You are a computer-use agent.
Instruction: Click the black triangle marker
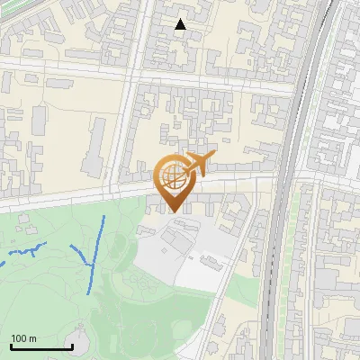click(181, 24)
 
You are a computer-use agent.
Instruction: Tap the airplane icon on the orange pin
click(199, 164)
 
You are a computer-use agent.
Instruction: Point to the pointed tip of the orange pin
click(172, 212)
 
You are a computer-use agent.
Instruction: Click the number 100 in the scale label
click(19, 338)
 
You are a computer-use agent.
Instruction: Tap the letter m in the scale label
click(32, 338)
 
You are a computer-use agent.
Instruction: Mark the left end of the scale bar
click(11, 346)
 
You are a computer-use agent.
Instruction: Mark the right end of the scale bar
click(71, 346)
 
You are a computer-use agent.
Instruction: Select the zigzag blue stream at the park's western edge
click(27, 250)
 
